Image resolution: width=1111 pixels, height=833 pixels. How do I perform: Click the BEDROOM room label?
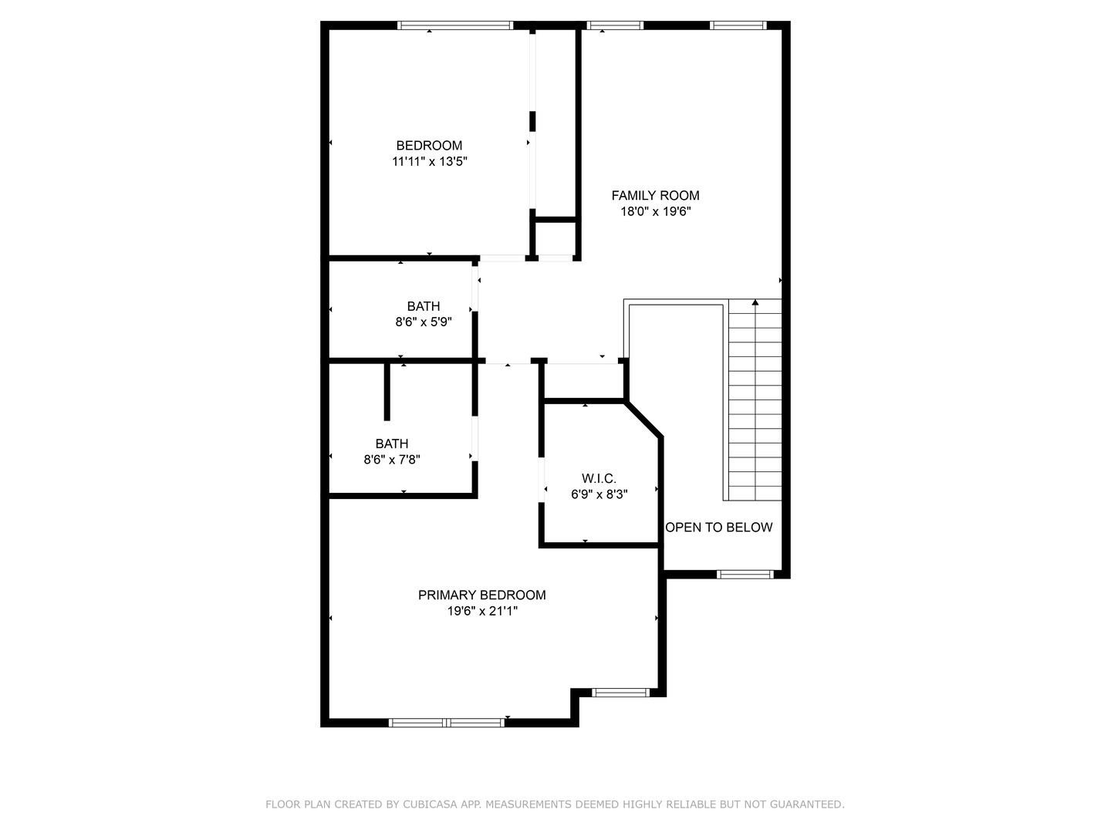pyautogui.click(x=429, y=146)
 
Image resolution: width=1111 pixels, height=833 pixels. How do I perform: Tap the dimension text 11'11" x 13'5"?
pyautogui.click(x=430, y=162)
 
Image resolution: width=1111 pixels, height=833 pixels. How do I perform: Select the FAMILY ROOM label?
pyautogui.click(x=655, y=196)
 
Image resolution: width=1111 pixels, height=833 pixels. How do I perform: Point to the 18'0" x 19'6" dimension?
pyautogui.click(x=655, y=212)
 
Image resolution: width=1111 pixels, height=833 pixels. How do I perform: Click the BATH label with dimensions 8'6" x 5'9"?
pyautogui.click(x=424, y=307)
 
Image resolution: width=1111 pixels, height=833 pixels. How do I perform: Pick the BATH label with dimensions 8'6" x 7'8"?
pyautogui.click(x=392, y=444)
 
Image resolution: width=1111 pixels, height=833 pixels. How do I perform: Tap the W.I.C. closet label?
pyautogui.click(x=599, y=479)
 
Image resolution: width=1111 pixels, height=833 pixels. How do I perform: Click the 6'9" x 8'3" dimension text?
pyautogui.click(x=599, y=495)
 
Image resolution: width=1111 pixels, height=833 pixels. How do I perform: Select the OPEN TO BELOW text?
pyautogui.click(x=718, y=528)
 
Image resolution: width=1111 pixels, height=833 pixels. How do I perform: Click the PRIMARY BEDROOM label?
pyautogui.click(x=481, y=595)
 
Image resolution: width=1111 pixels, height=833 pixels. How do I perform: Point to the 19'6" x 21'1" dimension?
pyautogui.click(x=481, y=612)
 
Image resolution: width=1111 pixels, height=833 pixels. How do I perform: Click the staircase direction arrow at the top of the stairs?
pyautogui.click(x=755, y=302)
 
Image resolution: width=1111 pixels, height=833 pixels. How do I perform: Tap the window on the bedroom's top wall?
pyautogui.click(x=455, y=25)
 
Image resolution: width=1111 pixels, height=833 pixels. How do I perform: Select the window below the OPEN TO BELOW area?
pyautogui.click(x=745, y=574)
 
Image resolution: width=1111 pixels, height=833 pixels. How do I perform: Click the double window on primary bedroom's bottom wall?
pyautogui.click(x=447, y=723)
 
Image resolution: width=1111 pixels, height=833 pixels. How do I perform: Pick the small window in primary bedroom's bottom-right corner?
pyautogui.click(x=620, y=693)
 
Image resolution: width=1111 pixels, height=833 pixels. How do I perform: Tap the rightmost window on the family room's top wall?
pyautogui.click(x=738, y=25)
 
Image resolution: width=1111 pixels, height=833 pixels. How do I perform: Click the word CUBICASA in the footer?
pyautogui.click(x=429, y=804)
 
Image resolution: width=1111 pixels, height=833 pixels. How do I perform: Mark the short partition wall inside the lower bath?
pyautogui.click(x=387, y=392)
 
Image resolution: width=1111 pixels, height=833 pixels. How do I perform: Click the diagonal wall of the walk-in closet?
pyautogui.click(x=643, y=419)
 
